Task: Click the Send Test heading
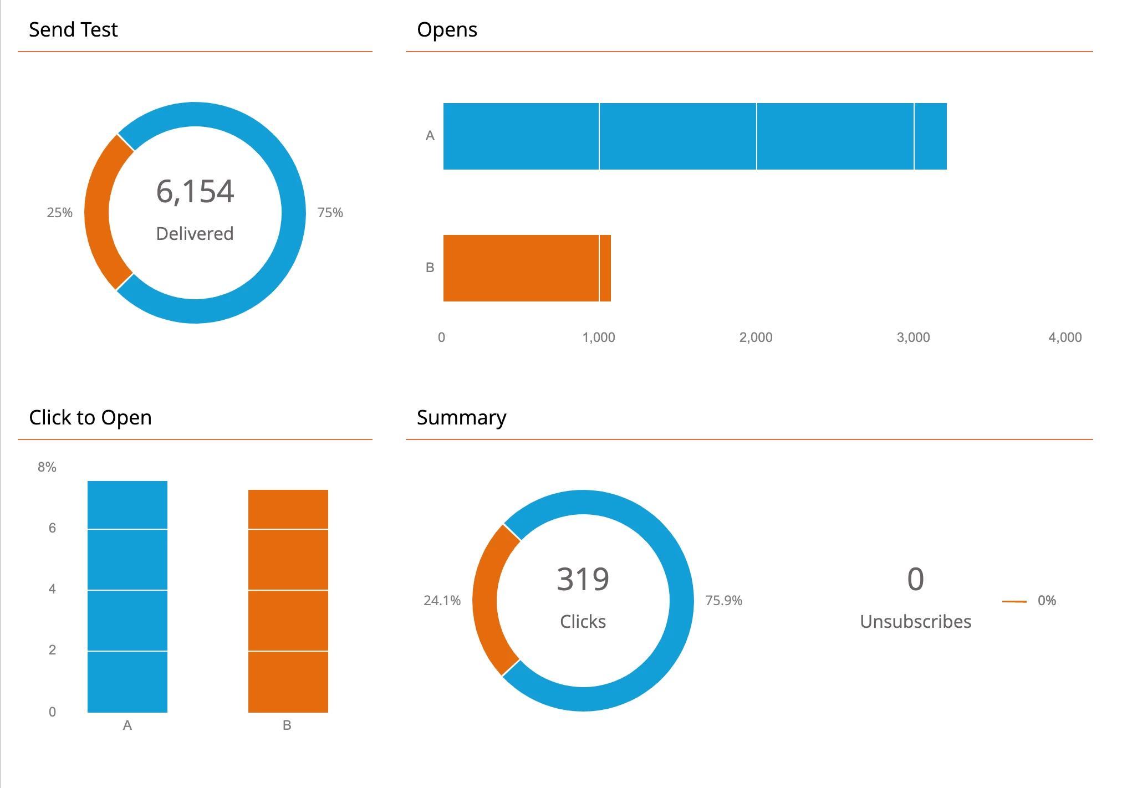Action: (x=73, y=30)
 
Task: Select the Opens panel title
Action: (x=447, y=30)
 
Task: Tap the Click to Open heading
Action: (x=90, y=418)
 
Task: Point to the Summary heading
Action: (x=461, y=418)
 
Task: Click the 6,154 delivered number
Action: (x=195, y=192)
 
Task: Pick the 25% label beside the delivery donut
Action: (x=60, y=213)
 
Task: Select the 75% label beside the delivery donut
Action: (x=330, y=213)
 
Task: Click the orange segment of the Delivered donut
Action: (x=98, y=213)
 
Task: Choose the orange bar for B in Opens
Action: (x=527, y=268)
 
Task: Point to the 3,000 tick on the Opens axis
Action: (x=913, y=337)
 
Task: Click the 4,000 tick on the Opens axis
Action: (x=1065, y=337)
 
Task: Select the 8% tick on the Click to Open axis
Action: (x=47, y=467)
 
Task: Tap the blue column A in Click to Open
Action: (x=127, y=596)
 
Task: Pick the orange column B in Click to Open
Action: (x=288, y=601)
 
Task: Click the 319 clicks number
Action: (x=583, y=580)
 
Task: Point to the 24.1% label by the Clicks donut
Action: (x=442, y=601)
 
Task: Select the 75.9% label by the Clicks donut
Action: (x=723, y=601)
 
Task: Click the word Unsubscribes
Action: (x=915, y=622)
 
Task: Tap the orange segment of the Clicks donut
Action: (x=485, y=601)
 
